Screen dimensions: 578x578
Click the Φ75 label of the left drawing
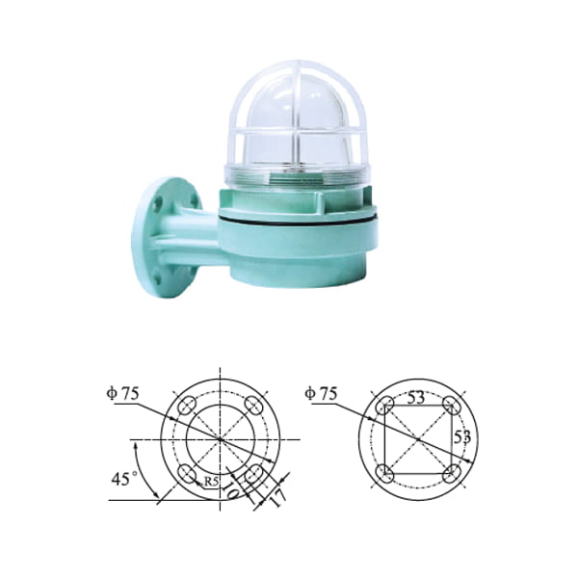122,394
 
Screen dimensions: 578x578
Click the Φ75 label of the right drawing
321,394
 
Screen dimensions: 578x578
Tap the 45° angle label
124,479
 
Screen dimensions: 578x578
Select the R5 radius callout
210,481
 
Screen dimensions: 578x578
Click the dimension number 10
231,489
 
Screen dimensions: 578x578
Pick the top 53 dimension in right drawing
416,397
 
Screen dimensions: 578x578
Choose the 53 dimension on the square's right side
462,437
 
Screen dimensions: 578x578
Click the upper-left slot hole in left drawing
187,406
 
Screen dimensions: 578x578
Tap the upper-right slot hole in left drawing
254,406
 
